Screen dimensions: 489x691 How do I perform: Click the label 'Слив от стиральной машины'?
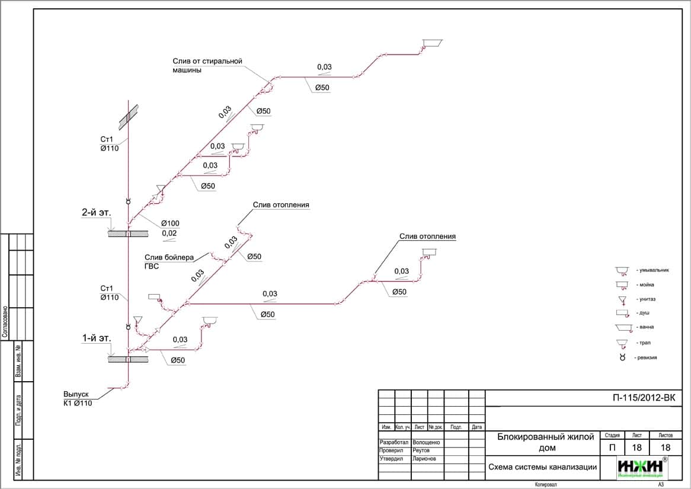[207, 65]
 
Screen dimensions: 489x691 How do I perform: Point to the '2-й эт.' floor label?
[97, 212]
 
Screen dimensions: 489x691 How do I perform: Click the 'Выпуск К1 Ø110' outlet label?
[78, 398]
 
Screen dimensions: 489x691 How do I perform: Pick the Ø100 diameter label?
[169, 223]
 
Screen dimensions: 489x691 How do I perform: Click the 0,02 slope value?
[169, 234]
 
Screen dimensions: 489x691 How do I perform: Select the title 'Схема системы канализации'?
[542, 466]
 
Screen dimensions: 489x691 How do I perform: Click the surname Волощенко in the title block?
[426, 443]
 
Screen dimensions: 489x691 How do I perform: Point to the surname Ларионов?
[424, 459]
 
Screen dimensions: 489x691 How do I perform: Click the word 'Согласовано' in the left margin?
[5, 322]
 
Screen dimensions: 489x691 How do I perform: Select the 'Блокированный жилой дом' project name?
[545, 442]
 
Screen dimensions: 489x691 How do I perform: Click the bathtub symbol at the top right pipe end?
[432, 42]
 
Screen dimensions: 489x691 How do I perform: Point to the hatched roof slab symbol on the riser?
[129, 116]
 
